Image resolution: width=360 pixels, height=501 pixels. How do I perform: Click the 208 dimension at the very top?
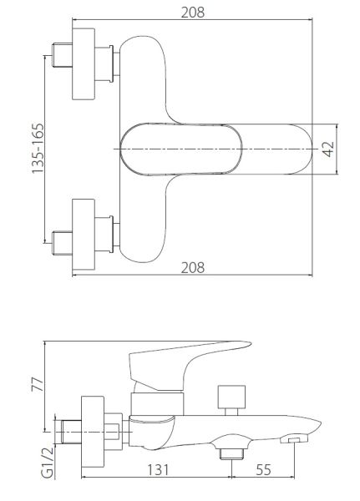pyautogui.click(x=192, y=13)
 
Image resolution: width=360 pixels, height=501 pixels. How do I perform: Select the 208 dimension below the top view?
pyautogui.click(x=192, y=267)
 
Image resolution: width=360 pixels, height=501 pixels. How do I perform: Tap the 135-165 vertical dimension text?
pyautogui.click(x=38, y=149)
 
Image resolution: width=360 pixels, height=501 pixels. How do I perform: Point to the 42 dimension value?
pyautogui.click(x=328, y=149)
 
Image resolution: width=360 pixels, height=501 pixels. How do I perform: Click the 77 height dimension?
pyautogui.click(x=37, y=384)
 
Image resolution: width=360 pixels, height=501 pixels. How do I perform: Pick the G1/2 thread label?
pyautogui.click(x=48, y=462)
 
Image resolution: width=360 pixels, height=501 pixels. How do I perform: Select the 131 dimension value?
pyautogui.click(x=158, y=469)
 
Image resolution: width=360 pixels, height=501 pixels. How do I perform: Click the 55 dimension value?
pyautogui.click(x=263, y=469)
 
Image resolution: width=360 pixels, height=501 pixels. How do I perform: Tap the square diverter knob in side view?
pyautogui.click(x=231, y=397)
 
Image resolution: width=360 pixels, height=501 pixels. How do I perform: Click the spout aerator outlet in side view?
pyautogui.click(x=294, y=440)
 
